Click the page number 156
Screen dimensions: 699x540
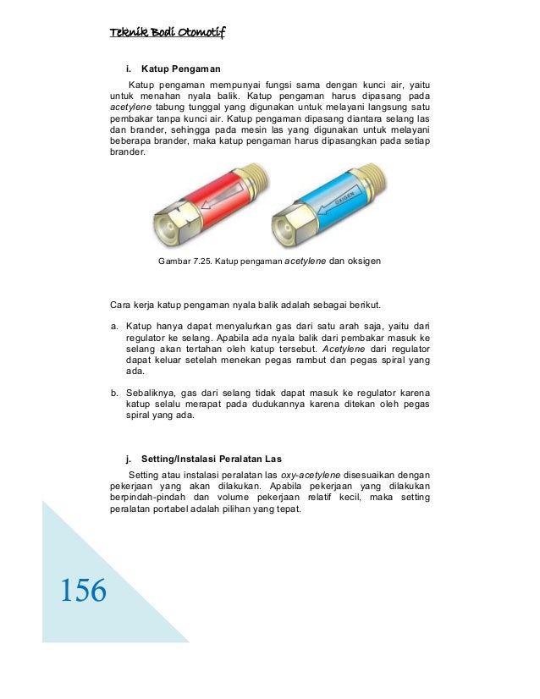(83, 590)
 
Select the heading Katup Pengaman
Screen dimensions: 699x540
(179, 67)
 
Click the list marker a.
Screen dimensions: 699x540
(114, 325)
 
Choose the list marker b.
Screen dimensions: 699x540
(114, 394)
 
